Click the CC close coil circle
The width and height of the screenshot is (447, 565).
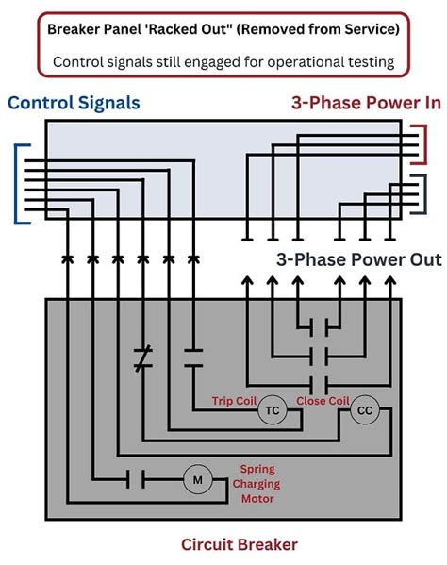(364, 409)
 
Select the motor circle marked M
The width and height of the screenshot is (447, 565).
(198, 480)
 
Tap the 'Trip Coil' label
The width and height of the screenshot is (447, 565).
(233, 400)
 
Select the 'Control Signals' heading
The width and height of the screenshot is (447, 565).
(74, 103)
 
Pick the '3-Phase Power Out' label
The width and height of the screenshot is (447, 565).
(357, 258)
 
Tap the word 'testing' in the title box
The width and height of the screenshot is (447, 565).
(365, 62)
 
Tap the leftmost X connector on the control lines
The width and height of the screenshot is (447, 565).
(67, 258)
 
